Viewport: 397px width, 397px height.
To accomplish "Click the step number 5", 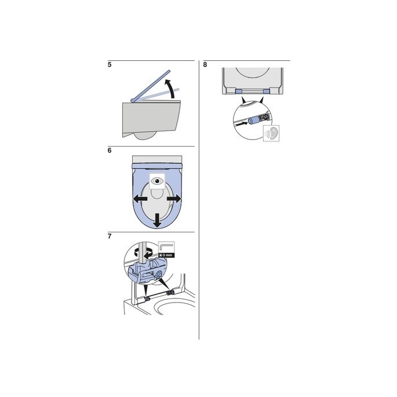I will click(110, 65).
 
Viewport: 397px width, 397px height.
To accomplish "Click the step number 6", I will click(110, 151).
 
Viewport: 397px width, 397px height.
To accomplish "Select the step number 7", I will click(110, 236).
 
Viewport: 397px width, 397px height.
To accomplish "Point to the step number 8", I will click(205, 65).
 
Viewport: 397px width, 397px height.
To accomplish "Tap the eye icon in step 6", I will click(158, 181).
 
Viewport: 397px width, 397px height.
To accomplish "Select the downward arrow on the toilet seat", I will click(156, 220).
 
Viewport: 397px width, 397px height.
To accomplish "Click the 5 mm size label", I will click(165, 254).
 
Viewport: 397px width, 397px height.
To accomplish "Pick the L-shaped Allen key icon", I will click(165, 246).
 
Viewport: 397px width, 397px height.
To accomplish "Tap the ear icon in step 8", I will click(270, 133).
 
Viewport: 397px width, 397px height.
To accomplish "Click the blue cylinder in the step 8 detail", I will click(253, 121).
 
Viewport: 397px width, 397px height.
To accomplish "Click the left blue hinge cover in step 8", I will click(239, 91).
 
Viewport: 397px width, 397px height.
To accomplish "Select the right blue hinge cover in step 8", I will click(267, 91).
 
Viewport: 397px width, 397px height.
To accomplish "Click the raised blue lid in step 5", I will click(152, 85).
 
